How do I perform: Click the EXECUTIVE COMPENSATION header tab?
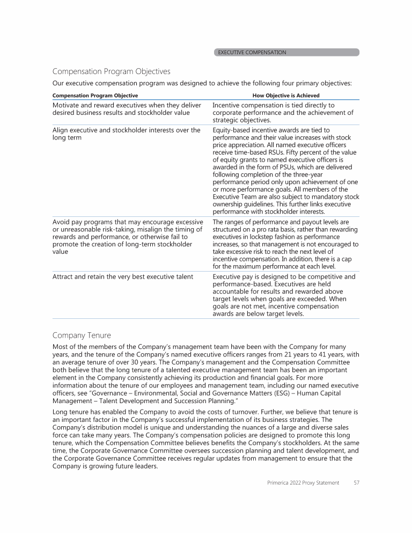pyautogui.click(x=286, y=53)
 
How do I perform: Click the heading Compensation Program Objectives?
pyautogui.click(x=111, y=71)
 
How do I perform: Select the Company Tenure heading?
pyautogui.click(x=82, y=335)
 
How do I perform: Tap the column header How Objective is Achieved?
pyautogui.click(x=286, y=96)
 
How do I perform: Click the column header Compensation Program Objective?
pyautogui.click(x=95, y=96)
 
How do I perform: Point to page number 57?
pyautogui.click(x=356, y=483)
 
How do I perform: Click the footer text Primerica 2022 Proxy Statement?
pyautogui.click(x=303, y=483)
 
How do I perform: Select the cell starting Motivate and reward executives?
pyautogui.click(x=127, y=109)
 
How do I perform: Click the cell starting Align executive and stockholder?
pyautogui.click(x=127, y=134)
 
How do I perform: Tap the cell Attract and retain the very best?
pyautogui.click(x=124, y=277)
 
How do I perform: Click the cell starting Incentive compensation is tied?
pyautogui.click(x=283, y=113)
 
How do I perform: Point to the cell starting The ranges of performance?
pyautogui.click(x=285, y=244)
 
